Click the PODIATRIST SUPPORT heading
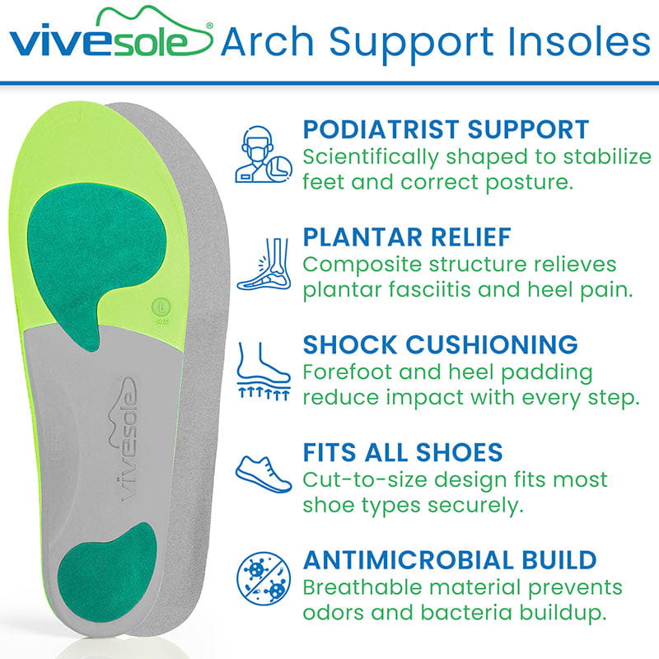coord(446,129)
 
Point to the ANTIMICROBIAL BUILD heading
coord(450,560)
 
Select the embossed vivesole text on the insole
coord(122,441)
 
